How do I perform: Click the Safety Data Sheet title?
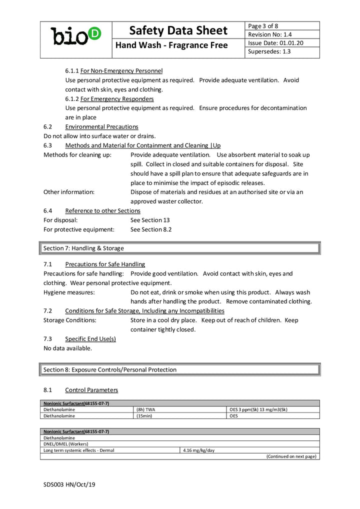coord(178,30)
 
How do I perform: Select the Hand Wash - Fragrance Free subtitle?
coord(171,45)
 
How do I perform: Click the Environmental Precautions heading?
coord(101,126)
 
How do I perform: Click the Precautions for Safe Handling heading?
coord(105,264)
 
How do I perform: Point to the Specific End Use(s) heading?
coord(90,338)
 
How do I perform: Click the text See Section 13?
coord(150,220)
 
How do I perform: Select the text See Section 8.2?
coord(151,229)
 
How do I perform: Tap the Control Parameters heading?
coord(91,389)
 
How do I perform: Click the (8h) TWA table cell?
coord(146,409)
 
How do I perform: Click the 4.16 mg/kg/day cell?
coord(199,450)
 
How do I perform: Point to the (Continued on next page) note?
coord(291,456)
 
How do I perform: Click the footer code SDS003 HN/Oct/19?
coord(69,484)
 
